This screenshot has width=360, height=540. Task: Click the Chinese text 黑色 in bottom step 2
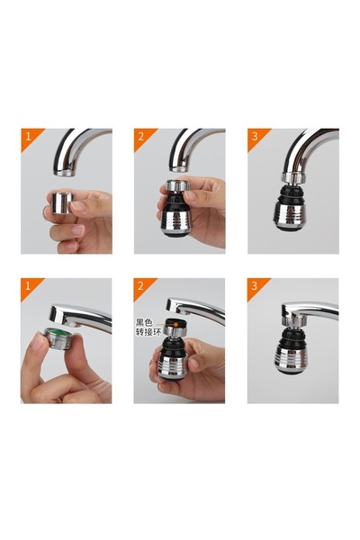click(145, 321)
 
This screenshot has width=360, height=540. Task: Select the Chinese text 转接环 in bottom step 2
click(148, 330)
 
